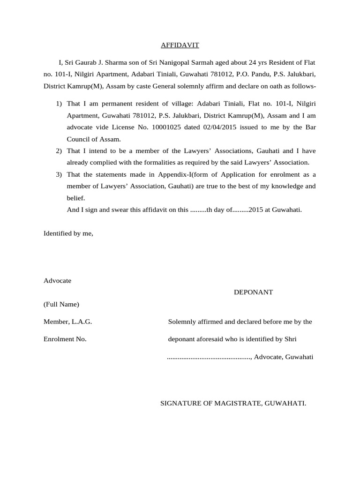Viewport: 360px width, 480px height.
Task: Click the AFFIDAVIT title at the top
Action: coord(180,45)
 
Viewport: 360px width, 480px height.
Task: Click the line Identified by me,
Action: coord(68,233)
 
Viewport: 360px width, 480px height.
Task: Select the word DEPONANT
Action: coord(253,292)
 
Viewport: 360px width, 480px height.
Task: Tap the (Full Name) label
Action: coord(61,304)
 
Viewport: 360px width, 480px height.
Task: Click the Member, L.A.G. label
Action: coord(67,322)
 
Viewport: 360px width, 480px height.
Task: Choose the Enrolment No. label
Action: coord(65,339)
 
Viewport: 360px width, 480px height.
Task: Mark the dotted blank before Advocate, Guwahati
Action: coord(209,357)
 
